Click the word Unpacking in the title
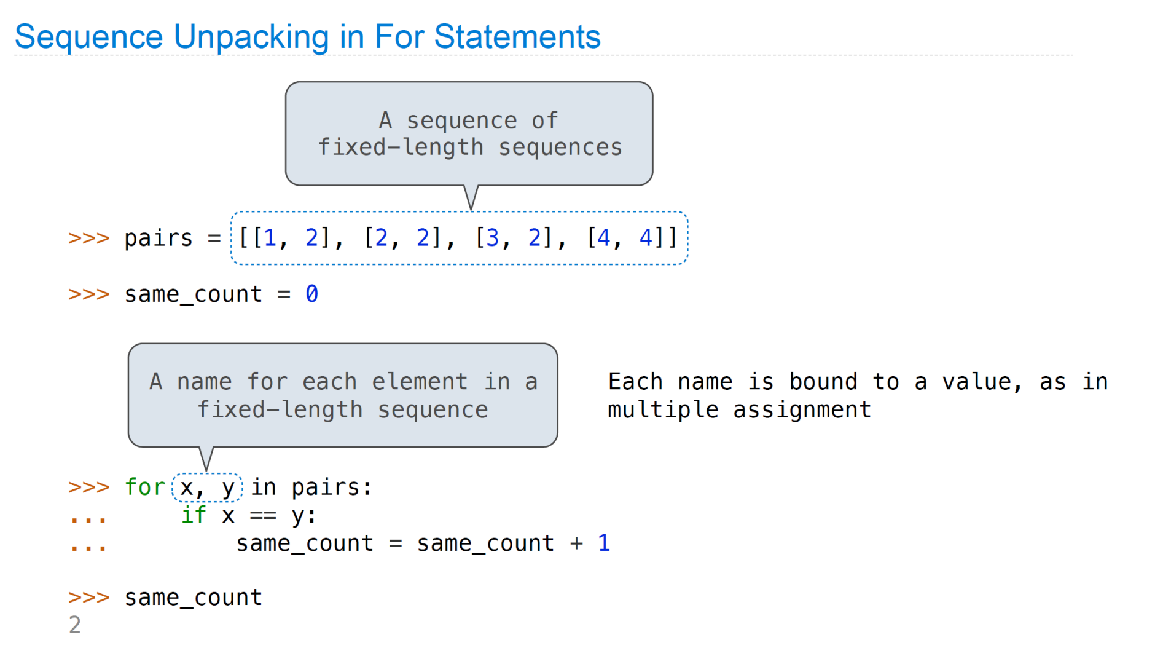coord(252,38)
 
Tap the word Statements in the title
coord(517,37)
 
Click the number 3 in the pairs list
coord(492,237)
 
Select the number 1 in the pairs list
coord(270,237)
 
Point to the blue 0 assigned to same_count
coord(311,294)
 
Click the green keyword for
coord(145,487)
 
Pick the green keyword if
coord(194,515)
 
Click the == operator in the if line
coord(263,515)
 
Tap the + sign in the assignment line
coord(576,543)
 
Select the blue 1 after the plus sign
coord(604,542)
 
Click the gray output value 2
coord(75,625)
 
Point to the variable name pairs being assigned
coord(159,239)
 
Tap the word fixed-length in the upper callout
coord(401,148)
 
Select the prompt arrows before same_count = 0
coord(89,294)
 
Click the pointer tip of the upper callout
coord(471,210)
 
